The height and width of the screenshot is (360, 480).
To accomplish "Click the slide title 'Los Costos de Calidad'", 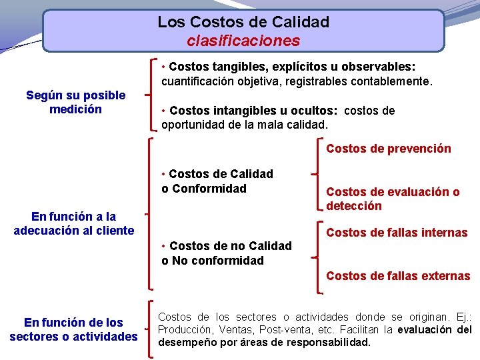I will [x=243, y=22].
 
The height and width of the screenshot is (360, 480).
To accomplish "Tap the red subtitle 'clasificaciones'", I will [x=243, y=41].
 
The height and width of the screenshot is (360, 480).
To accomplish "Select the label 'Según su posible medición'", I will [x=75, y=102].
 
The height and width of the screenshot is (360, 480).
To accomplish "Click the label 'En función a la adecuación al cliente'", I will [x=74, y=223].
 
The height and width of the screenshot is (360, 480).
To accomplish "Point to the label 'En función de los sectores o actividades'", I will [x=73, y=329].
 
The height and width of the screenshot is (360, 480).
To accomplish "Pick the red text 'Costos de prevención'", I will [x=388, y=149].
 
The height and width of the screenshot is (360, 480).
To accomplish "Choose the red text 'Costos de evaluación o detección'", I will [x=393, y=199].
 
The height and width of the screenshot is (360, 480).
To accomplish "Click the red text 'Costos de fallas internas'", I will [x=397, y=233].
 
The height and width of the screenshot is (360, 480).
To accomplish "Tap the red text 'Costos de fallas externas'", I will [x=398, y=276].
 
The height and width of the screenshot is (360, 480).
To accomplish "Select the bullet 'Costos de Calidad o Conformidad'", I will [x=217, y=181].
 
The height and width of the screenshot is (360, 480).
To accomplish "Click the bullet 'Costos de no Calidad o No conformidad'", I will [x=227, y=253].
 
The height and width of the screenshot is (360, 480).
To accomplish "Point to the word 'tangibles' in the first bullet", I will [x=239, y=67].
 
